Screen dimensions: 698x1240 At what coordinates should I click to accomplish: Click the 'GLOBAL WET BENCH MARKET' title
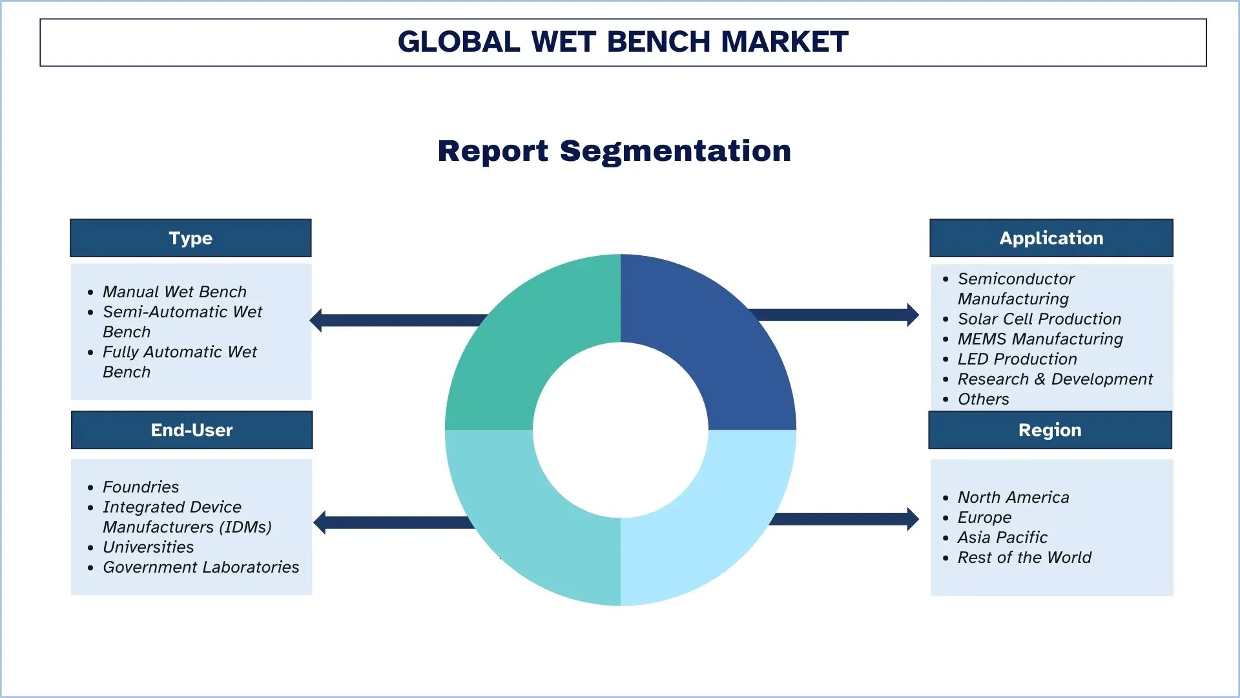623,43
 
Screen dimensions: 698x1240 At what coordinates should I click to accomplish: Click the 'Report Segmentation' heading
614,151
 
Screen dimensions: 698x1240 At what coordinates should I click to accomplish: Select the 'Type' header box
191,238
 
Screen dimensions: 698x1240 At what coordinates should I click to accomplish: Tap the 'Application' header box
1051,238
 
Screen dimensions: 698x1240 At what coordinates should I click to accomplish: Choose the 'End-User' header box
191,430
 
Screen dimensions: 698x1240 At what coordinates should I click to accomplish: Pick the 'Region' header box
1049,430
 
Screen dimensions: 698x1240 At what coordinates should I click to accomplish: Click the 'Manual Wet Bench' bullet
174,292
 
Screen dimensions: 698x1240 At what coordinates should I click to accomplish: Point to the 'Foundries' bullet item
141,487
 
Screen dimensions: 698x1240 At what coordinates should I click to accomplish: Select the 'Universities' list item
148,547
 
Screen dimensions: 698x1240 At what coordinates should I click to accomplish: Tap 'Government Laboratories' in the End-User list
201,567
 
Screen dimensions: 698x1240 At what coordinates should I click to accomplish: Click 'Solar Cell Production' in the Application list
1038,319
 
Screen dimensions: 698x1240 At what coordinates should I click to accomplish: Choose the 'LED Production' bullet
1017,359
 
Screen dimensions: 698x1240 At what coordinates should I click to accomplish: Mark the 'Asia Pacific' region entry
1002,538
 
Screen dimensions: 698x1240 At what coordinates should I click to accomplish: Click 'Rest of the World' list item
1024,558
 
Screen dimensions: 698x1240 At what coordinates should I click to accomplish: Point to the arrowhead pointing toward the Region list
913,519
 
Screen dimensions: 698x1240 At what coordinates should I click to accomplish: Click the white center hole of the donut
620,430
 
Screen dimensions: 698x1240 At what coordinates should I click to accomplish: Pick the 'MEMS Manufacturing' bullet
1039,339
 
